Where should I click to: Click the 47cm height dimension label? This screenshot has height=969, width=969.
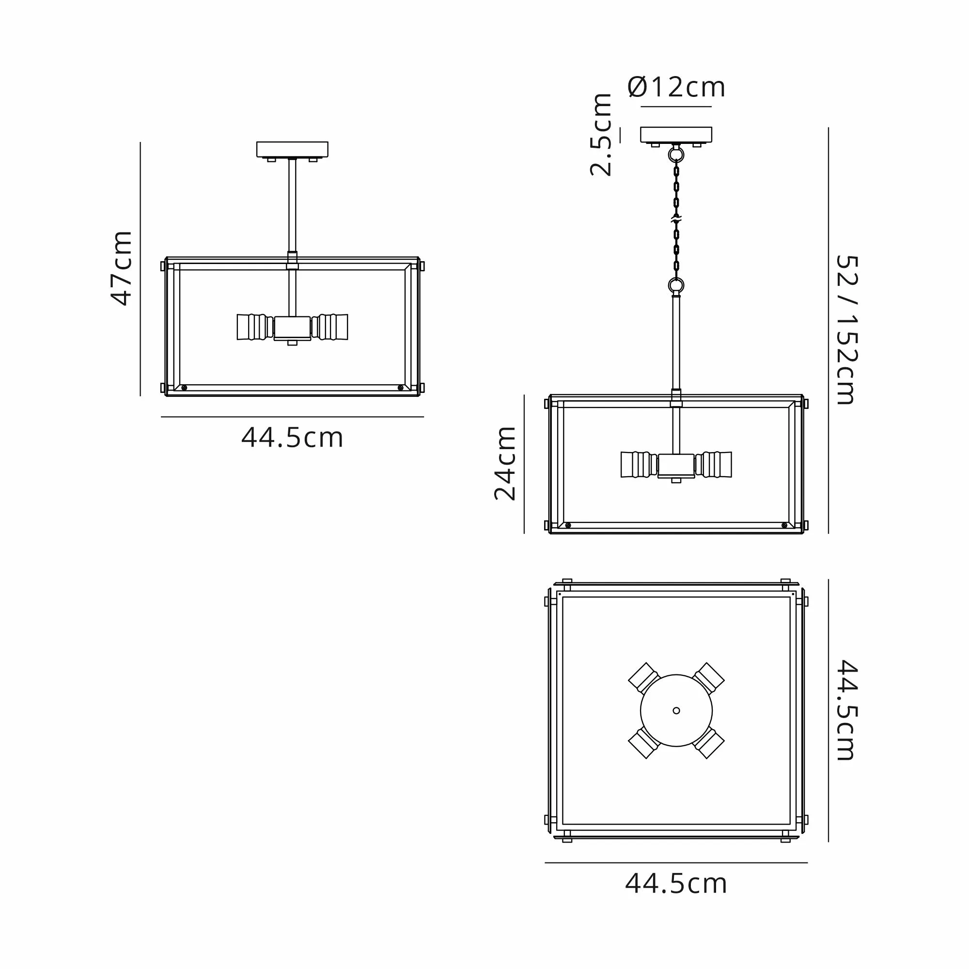point(122,268)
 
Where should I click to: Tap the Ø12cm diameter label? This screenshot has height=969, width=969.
point(676,87)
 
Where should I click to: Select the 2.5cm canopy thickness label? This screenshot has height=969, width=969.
point(600,134)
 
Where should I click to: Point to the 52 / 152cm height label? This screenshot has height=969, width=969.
point(847,329)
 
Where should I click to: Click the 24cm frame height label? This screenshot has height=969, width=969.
point(504,464)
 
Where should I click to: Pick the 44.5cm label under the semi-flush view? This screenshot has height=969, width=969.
point(292,438)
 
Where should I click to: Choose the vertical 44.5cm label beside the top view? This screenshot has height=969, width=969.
point(847,710)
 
